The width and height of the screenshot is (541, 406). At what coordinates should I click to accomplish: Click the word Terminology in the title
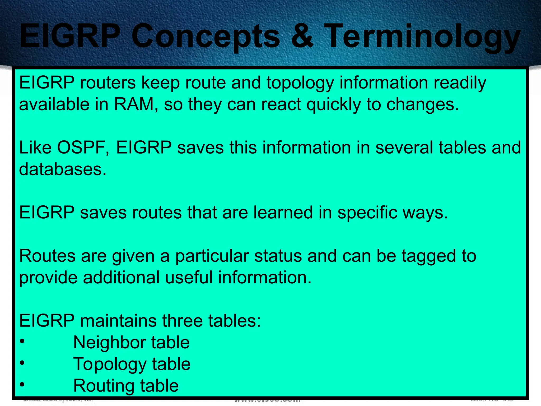422,37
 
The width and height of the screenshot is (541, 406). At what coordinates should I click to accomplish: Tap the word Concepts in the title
206,37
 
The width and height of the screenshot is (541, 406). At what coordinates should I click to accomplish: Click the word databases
63,169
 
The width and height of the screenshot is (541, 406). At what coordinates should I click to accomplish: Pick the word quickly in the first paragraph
333,105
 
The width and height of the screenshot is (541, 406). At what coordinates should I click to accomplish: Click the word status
278,256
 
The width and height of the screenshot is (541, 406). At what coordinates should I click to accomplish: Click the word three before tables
182,321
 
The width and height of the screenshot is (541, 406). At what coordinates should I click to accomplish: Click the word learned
283,213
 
